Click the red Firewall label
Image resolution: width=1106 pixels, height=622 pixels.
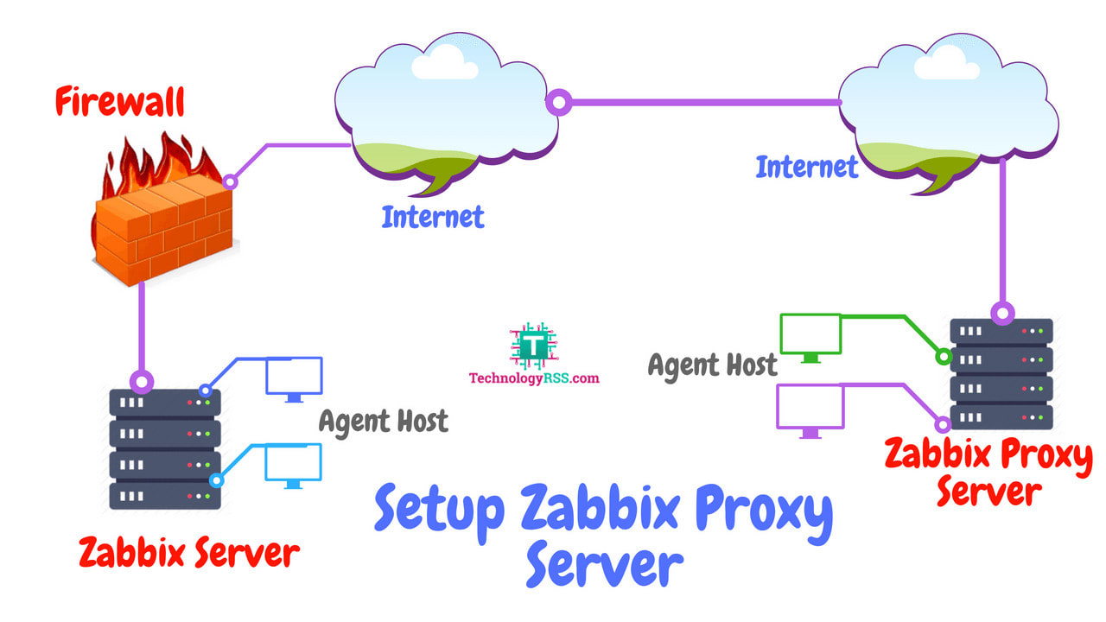coord(120,102)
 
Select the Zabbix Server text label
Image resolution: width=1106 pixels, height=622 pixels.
coord(189,553)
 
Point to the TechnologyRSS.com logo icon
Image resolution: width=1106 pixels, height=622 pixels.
coord(533,346)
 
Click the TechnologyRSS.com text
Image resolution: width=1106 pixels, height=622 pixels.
coord(534,378)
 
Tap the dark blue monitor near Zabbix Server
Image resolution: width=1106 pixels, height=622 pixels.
coord(294,378)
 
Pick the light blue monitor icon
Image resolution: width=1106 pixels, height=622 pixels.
coord(294,465)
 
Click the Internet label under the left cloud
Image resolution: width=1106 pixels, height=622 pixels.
coord(433,217)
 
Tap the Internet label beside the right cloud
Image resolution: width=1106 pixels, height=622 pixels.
coord(807,167)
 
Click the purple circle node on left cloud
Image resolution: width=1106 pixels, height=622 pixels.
coord(560,103)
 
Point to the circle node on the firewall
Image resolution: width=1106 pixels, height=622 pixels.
coord(230,181)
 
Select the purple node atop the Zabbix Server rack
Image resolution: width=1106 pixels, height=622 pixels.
coord(142,381)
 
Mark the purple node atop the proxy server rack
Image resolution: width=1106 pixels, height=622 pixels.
coord(1002,313)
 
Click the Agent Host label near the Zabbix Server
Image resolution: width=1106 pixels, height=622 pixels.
coord(384,422)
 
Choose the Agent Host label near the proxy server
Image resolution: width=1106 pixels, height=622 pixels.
coord(713,365)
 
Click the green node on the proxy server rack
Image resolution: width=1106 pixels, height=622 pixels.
coord(943,356)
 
